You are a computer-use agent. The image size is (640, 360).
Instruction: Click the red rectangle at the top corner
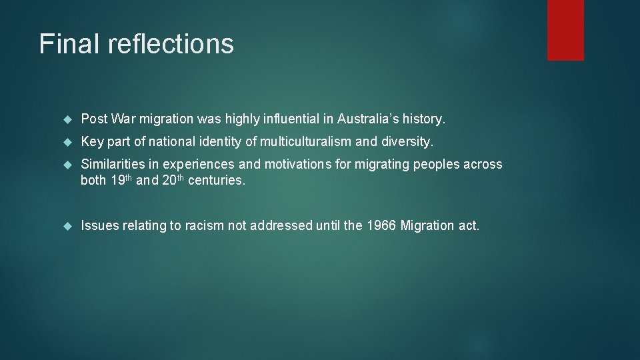565,30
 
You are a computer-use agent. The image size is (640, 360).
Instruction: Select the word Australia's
367,119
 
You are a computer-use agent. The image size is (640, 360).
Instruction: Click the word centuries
217,181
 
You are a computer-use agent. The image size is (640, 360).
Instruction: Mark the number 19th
121,181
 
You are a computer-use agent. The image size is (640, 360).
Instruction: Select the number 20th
173,181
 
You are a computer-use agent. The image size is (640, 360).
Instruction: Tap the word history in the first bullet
423,119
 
